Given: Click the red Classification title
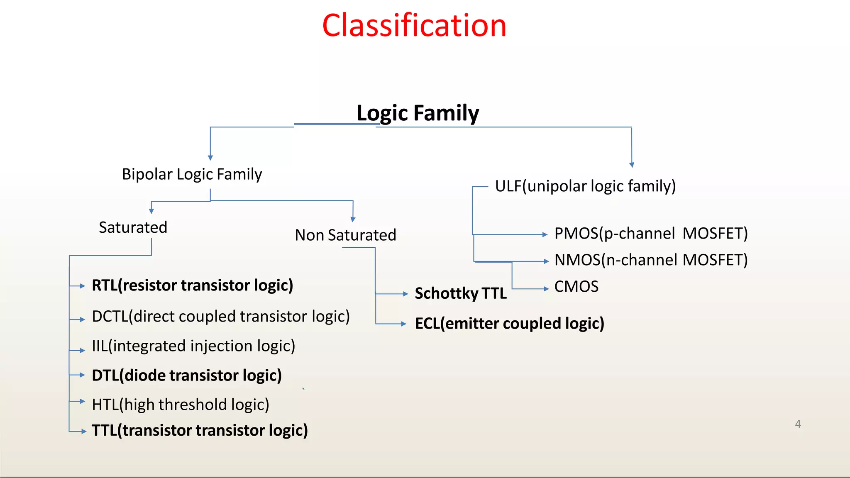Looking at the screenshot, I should pyautogui.click(x=414, y=26).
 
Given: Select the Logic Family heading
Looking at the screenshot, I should pyautogui.click(x=417, y=113).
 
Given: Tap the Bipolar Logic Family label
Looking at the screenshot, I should pyautogui.click(x=192, y=174).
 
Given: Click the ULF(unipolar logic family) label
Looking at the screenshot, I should pyautogui.click(x=585, y=186).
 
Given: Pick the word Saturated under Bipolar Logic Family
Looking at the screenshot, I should pyautogui.click(x=133, y=227).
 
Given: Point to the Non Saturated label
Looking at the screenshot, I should pyautogui.click(x=345, y=235).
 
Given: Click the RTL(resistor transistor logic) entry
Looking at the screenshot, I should pyautogui.click(x=192, y=285).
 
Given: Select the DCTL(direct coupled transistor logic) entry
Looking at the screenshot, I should pyautogui.click(x=220, y=317).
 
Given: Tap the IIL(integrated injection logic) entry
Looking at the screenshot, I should pyautogui.click(x=193, y=346).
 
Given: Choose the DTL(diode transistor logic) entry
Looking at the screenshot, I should pyautogui.click(x=187, y=376).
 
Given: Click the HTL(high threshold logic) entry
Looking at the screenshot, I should pyautogui.click(x=181, y=405).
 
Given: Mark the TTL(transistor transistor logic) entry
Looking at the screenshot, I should pyautogui.click(x=200, y=431).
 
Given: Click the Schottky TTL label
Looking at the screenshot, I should pyautogui.click(x=461, y=293).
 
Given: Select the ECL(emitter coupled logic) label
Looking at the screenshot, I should pyautogui.click(x=509, y=324).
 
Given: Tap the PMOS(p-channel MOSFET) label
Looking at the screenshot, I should pyautogui.click(x=651, y=234).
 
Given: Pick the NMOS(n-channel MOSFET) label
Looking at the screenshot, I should pyautogui.click(x=651, y=260).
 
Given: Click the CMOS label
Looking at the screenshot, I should pyautogui.click(x=576, y=287).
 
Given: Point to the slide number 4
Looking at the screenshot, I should pyautogui.click(x=798, y=424).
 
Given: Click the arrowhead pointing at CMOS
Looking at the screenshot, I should pyautogui.click(x=546, y=289).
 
